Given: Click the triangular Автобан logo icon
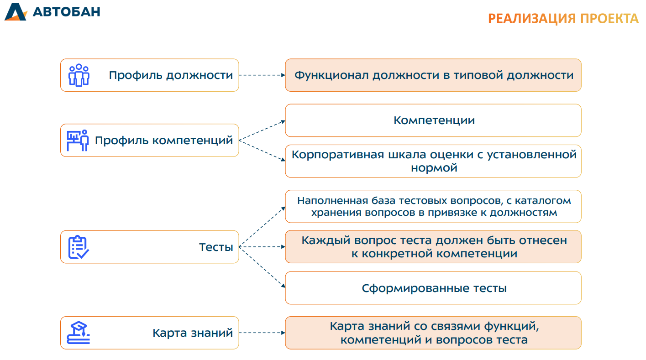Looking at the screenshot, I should click(x=16, y=11).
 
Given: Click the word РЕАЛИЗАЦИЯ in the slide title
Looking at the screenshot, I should click(x=532, y=19).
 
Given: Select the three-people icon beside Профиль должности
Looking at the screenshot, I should click(x=79, y=75).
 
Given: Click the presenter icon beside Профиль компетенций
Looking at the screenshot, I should click(x=78, y=140).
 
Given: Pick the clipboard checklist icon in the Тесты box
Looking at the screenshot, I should click(x=78, y=247).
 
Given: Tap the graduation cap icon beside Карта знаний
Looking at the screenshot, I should click(x=79, y=333).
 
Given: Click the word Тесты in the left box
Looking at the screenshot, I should click(x=216, y=247).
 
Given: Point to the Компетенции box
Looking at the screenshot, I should click(x=433, y=120).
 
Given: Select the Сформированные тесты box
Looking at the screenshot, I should click(x=433, y=288).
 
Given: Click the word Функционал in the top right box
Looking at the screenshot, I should click(x=331, y=75).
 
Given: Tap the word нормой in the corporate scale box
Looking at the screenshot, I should click(x=434, y=168).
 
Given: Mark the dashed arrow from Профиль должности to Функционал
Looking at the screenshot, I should click(x=262, y=75).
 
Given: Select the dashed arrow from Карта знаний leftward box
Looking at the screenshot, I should click(x=262, y=333).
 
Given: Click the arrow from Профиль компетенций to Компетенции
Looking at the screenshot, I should click(x=262, y=130).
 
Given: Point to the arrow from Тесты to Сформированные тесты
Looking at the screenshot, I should click(x=262, y=266).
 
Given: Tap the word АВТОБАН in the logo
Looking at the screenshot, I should click(x=67, y=11).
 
